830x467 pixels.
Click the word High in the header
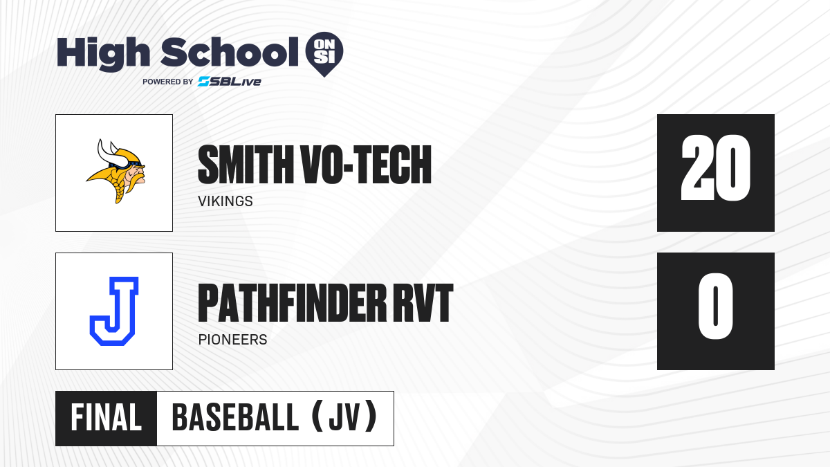[103, 53]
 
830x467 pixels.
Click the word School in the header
[230, 53]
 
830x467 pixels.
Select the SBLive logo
[230, 82]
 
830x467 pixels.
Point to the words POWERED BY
[168, 82]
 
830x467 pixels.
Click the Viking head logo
[116, 172]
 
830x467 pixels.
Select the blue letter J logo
[114, 311]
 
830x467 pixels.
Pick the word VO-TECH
[367, 165]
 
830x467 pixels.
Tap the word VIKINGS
[225, 201]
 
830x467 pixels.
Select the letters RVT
[423, 303]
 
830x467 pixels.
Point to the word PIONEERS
[232, 340]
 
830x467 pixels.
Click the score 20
[716, 168]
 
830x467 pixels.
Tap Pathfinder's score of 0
[715, 306]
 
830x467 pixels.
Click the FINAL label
[107, 418]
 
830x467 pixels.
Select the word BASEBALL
[235, 418]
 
